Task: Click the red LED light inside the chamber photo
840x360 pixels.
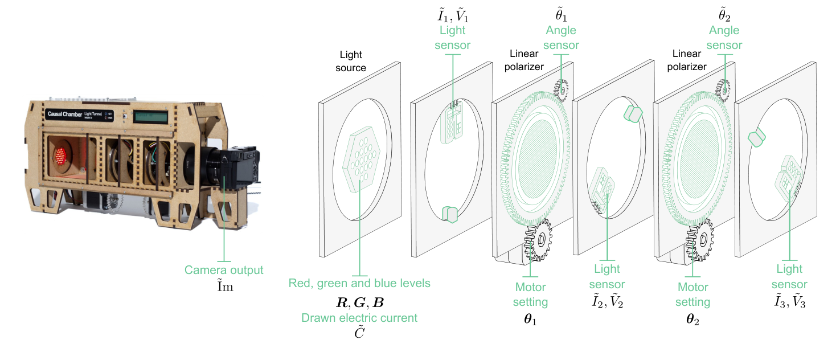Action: click(x=60, y=154)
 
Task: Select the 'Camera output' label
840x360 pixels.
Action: click(x=224, y=270)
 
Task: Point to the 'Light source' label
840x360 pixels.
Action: click(x=351, y=62)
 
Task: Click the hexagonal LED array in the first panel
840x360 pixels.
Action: click(x=359, y=156)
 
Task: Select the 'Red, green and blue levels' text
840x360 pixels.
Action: click(x=359, y=283)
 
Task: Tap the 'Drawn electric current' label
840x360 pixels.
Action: click(x=359, y=318)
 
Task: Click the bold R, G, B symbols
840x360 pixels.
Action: click(x=359, y=302)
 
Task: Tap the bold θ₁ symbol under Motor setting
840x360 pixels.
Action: click(x=531, y=320)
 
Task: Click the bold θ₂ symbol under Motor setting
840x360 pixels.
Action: click(x=693, y=320)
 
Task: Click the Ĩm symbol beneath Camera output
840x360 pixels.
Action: click(x=224, y=287)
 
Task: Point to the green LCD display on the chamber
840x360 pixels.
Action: click(x=151, y=116)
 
